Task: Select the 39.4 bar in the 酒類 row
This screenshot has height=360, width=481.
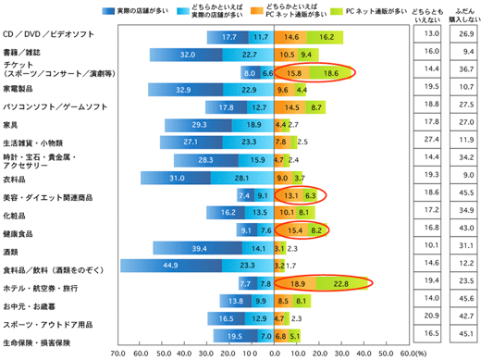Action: [193, 247]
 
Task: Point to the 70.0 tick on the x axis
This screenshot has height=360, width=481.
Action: [118, 353]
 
